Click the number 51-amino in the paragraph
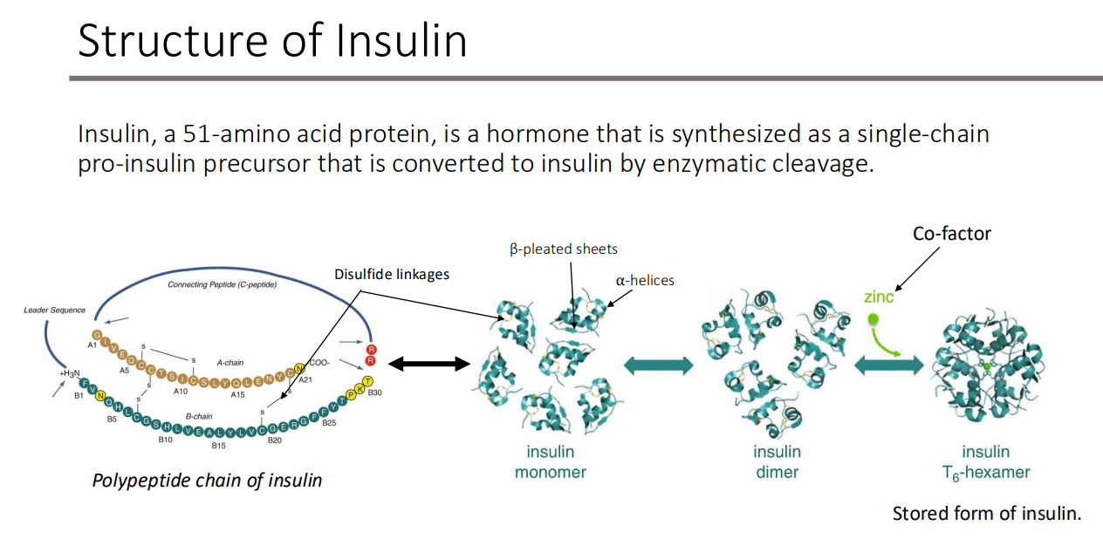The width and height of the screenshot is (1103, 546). click(x=223, y=135)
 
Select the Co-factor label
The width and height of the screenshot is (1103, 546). click(x=951, y=234)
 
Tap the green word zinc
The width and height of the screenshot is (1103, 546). click(x=879, y=297)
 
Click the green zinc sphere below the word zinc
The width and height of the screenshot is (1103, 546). click(x=873, y=319)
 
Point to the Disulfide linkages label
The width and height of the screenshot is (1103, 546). click(x=391, y=274)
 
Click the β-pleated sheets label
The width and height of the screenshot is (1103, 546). click(x=564, y=249)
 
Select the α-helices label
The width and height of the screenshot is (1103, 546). click(x=645, y=280)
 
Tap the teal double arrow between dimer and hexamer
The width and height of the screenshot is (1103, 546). click(x=887, y=366)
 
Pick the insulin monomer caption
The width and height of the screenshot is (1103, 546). click(x=550, y=462)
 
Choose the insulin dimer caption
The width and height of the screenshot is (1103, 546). click(x=777, y=462)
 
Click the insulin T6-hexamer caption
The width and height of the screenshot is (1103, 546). click(x=985, y=462)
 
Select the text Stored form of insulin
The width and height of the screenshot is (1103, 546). click(x=986, y=514)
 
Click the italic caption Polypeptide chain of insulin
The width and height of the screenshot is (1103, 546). click(x=207, y=480)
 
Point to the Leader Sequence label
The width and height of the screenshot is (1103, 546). click(x=55, y=310)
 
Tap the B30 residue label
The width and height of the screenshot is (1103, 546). click(x=375, y=393)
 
